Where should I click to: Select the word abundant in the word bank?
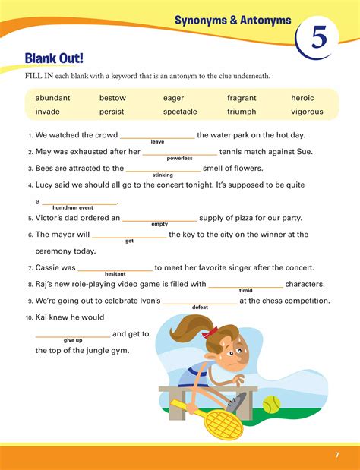pos(53,98)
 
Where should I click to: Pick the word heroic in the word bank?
pos(307,98)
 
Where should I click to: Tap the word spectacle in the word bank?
pos(180,112)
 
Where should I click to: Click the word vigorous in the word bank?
pos(307,112)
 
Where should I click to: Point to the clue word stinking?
pos(163,175)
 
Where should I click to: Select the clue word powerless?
pos(179,158)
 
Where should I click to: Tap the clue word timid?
pos(245,290)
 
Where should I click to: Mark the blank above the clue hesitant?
pos(115,267)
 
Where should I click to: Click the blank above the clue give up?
pos(73,333)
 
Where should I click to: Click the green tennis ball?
pos(272,405)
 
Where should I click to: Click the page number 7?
pos(336,455)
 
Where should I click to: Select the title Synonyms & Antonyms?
pos(232,20)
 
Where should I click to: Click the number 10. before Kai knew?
pos(29,317)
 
